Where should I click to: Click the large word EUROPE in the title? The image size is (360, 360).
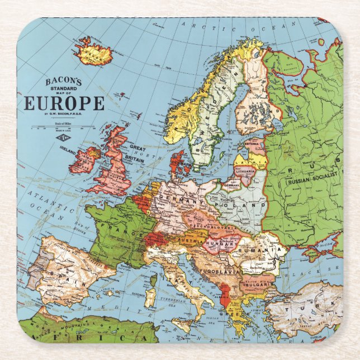click(x=64, y=104)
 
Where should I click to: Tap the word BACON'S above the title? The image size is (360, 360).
click(x=63, y=82)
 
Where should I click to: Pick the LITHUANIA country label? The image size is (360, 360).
click(x=245, y=170)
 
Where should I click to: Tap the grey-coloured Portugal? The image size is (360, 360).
click(x=35, y=279)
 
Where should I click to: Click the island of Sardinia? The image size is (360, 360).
click(x=150, y=297)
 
